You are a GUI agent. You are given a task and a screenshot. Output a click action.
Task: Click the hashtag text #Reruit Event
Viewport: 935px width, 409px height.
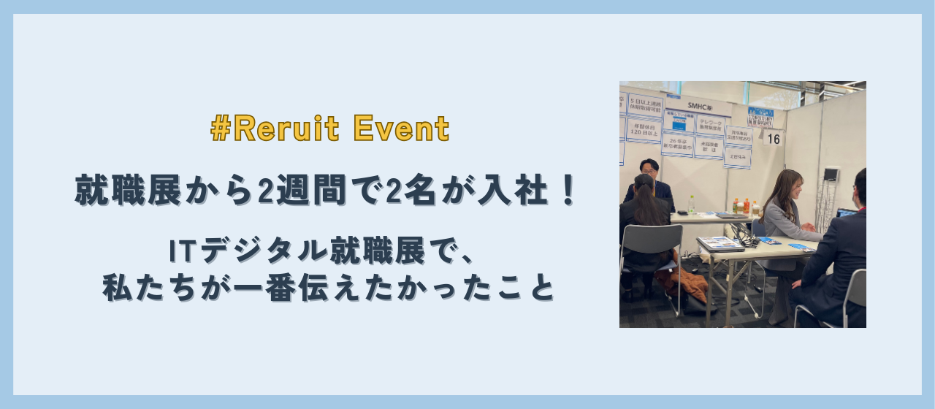point(329,129)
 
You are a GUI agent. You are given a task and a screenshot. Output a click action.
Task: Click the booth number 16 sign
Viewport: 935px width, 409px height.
point(773,137)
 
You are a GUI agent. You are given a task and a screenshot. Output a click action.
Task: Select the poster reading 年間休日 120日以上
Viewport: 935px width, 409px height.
point(644,130)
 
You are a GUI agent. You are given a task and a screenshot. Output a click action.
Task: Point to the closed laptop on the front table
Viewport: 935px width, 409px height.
point(720,243)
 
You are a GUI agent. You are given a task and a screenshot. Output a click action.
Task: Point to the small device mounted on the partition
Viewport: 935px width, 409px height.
point(831,174)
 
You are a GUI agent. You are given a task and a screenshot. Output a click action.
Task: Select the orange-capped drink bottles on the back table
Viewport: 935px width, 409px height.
point(741,206)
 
